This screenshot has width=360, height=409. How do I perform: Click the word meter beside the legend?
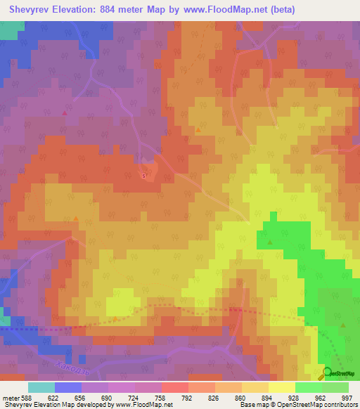coord(8,398)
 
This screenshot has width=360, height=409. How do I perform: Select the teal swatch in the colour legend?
coord(41,387)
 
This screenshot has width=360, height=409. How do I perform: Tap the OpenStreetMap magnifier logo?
coord(327,373)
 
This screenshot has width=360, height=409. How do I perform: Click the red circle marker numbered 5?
coord(144,176)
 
